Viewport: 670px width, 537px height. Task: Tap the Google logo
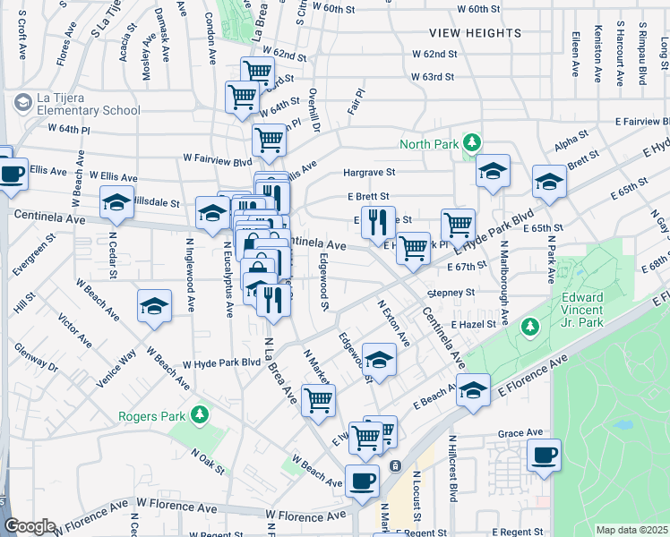click(x=30, y=526)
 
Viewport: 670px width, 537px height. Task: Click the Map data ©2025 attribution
click(x=631, y=530)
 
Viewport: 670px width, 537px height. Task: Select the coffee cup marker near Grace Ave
click(x=544, y=455)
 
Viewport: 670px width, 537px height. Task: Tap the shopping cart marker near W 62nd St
click(x=257, y=71)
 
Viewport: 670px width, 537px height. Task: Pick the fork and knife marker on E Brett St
click(x=378, y=219)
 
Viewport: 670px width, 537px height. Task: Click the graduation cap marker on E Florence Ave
click(x=473, y=389)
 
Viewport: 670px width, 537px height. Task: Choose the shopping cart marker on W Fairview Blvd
click(x=269, y=139)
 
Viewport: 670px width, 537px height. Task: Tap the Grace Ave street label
click(x=522, y=433)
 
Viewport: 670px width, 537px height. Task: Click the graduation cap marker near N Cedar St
click(x=155, y=306)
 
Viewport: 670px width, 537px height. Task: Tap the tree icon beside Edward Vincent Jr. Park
click(x=530, y=326)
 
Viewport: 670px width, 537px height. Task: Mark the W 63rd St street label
click(x=434, y=77)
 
